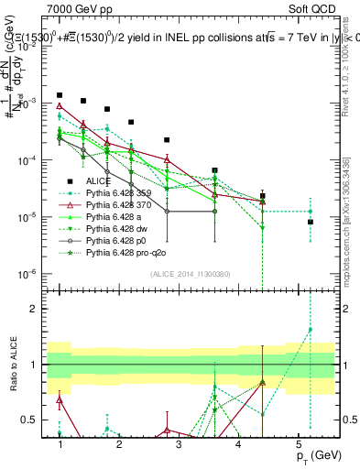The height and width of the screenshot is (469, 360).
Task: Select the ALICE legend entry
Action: coord(99,181)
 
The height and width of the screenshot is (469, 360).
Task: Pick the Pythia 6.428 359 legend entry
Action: coord(121,193)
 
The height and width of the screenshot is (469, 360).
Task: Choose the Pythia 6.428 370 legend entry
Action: coord(121,205)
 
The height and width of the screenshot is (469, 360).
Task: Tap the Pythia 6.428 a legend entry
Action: coord(115,217)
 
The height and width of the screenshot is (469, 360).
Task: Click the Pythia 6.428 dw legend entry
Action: coord(118,229)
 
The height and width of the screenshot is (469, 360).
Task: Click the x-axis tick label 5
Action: coord(298,443)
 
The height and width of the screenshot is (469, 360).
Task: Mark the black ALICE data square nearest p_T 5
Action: coord(311,222)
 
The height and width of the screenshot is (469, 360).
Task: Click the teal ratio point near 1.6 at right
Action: coord(311,330)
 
